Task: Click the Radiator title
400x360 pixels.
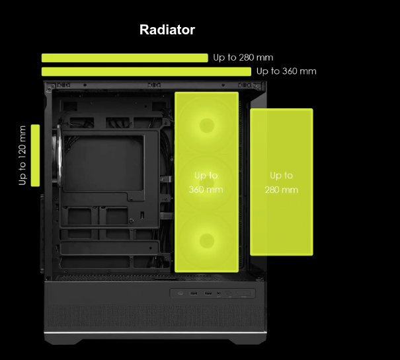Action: (x=167, y=30)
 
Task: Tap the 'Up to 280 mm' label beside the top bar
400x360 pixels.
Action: (x=243, y=57)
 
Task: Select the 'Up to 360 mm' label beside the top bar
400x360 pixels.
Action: (x=286, y=71)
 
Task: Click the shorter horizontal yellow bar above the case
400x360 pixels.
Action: (x=125, y=57)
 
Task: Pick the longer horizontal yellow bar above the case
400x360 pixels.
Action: (x=146, y=71)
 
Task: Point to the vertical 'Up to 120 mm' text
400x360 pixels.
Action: (x=22, y=155)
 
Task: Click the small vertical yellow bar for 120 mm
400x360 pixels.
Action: (x=35, y=155)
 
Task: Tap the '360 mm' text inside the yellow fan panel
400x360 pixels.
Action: (x=206, y=190)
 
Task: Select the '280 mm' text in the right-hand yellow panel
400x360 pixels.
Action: (x=282, y=190)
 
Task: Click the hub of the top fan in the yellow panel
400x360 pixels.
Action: (x=207, y=126)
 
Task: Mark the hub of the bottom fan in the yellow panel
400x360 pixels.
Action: (x=207, y=240)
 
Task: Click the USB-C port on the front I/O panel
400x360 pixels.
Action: (x=180, y=293)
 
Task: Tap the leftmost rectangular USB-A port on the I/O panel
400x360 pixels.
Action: (x=194, y=293)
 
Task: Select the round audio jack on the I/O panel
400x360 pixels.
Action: (x=219, y=293)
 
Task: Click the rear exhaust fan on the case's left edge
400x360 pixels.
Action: (x=58, y=155)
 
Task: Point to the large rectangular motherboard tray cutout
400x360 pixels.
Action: (x=104, y=163)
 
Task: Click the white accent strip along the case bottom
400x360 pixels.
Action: (x=155, y=332)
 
